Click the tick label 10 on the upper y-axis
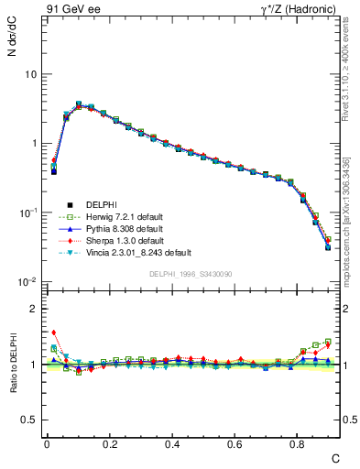30,74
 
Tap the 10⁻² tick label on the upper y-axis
28,281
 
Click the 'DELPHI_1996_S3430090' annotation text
189,275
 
